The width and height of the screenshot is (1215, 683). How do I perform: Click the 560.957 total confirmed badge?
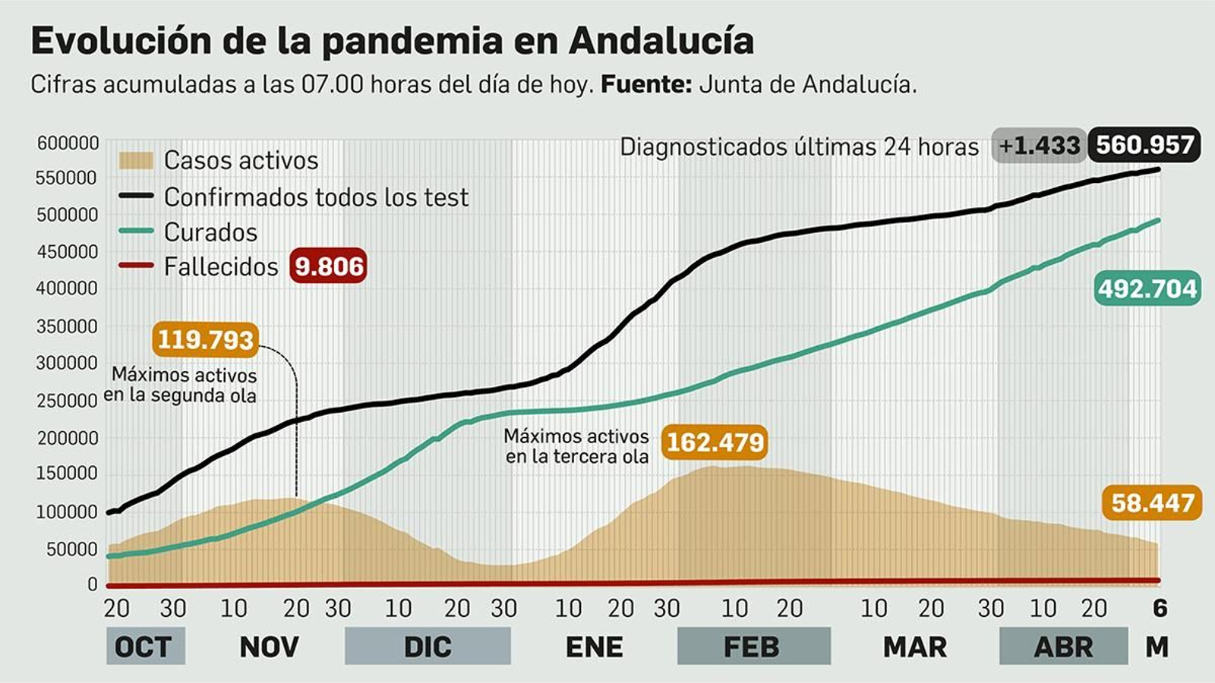coord(1144,144)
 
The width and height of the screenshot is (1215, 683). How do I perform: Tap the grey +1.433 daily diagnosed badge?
coord(1039,145)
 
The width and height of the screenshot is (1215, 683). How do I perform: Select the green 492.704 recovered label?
coord(1147,288)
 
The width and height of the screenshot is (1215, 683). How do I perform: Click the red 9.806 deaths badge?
coord(328,266)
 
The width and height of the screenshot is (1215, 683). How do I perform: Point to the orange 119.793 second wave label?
coord(205,339)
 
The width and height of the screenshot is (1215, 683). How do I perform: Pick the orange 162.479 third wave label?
coord(714,442)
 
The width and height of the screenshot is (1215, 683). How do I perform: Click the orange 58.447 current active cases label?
coord(1152,502)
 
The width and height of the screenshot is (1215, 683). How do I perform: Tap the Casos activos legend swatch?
coord(136,160)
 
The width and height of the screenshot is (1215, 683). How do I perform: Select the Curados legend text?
coord(210,232)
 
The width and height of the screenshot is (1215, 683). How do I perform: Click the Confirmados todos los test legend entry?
coord(316,197)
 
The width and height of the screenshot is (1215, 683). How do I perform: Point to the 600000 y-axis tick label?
coord(68,143)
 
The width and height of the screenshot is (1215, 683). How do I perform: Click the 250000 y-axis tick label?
coord(68,400)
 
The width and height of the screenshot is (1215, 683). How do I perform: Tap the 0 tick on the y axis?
coord(93,584)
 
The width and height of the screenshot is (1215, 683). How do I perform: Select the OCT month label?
coord(144,647)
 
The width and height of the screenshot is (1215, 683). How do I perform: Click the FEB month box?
coord(752,647)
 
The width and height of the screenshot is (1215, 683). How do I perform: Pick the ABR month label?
coord(1062,647)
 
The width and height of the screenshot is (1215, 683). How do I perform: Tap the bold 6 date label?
coord(1160,608)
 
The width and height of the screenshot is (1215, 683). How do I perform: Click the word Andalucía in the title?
coord(661,41)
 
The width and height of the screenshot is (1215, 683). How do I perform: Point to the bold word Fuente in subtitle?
coord(645,84)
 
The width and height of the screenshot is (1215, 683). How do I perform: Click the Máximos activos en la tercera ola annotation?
coord(577,446)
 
